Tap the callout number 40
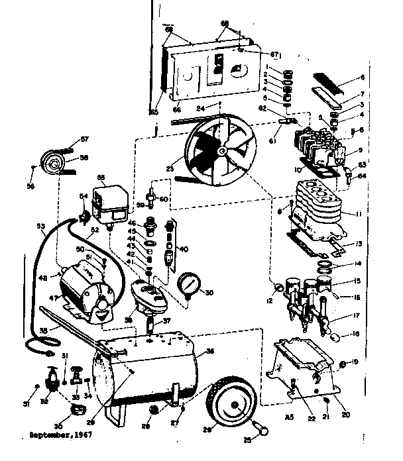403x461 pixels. [x=184, y=250]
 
